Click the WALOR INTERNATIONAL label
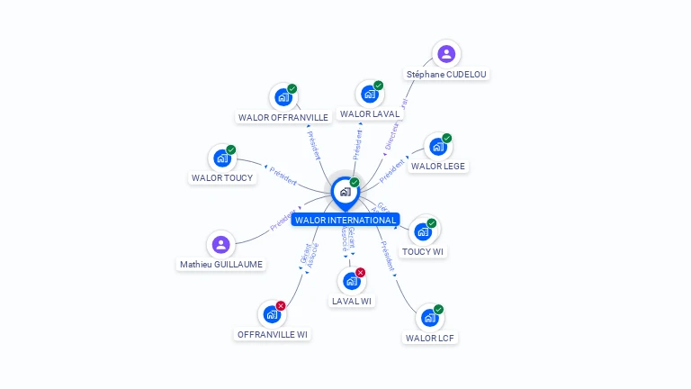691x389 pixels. [345, 220]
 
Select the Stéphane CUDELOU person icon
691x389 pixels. [446, 54]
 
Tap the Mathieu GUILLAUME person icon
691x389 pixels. [221, 244]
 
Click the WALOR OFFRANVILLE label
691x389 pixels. [283, 117]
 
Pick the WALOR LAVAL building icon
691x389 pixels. [369, 94]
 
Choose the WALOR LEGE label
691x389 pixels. [438, 166]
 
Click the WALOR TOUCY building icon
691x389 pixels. [221, 158]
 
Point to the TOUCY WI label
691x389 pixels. [423, 251]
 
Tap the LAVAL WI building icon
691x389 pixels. [352, 281]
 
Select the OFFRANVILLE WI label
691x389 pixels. [272, 334]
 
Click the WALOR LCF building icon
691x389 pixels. [430, 318]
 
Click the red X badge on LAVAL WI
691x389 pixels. [361, 272]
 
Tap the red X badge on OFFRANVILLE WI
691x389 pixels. [281, 306]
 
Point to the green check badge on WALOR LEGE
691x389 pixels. [447, 138]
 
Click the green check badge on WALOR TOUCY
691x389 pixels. [231, 149]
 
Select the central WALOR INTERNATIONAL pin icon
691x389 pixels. [345, 191]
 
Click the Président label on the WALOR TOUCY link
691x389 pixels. [282, 176]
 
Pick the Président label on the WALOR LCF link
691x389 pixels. [388, 257]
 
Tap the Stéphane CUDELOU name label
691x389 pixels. [447, 74]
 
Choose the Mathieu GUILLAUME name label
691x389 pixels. [221, 264]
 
